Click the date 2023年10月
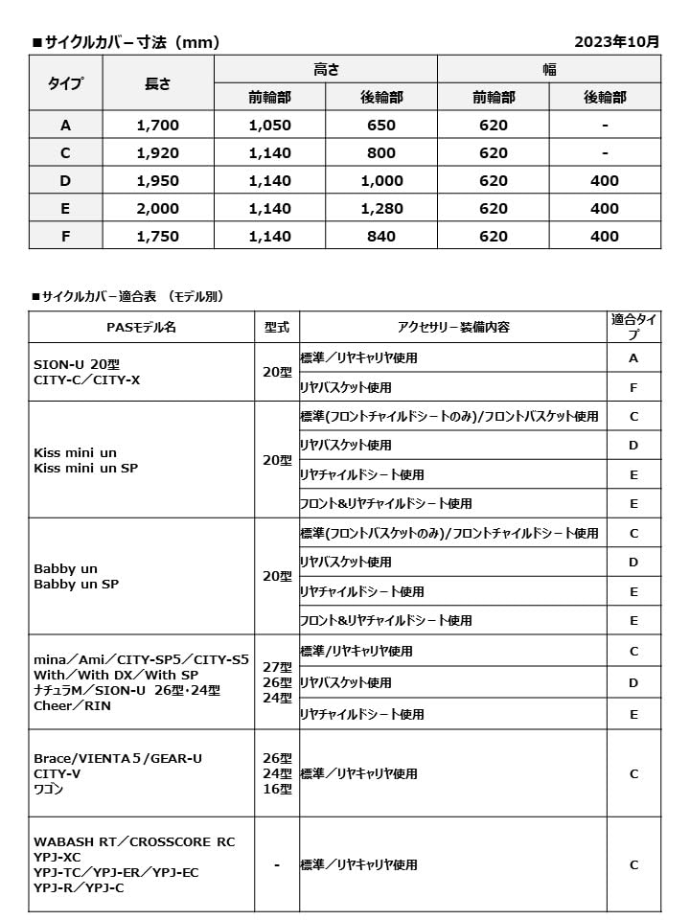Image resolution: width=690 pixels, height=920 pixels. pos(616,42)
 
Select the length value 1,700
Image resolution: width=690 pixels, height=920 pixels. pos(158,125)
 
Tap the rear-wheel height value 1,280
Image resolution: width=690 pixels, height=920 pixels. pos(381,208)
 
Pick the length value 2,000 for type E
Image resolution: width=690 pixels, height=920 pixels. pos(158,208)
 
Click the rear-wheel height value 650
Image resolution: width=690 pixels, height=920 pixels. pos(381,125)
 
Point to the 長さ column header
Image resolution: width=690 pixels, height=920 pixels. pos(158,83)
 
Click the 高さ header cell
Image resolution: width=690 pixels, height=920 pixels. pos(326,69)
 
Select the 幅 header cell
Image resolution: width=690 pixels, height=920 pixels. pos(549,69)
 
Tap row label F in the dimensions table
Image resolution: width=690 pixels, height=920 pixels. pos(65,236)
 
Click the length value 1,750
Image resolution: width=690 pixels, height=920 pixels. pos(158,236)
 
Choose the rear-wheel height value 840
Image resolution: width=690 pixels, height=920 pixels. pos(381,236)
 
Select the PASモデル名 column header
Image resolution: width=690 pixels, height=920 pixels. pos(141,327)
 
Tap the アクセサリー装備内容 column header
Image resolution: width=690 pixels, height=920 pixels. pos(452,327)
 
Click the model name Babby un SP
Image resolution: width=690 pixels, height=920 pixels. pos(76,584)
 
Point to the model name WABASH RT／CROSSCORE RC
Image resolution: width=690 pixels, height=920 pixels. pos(134,841)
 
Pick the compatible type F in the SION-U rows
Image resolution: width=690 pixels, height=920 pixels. pos(633,387)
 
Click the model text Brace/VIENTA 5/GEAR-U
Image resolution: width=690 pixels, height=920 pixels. pos(118,758)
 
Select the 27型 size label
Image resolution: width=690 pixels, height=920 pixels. pos(277,667)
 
